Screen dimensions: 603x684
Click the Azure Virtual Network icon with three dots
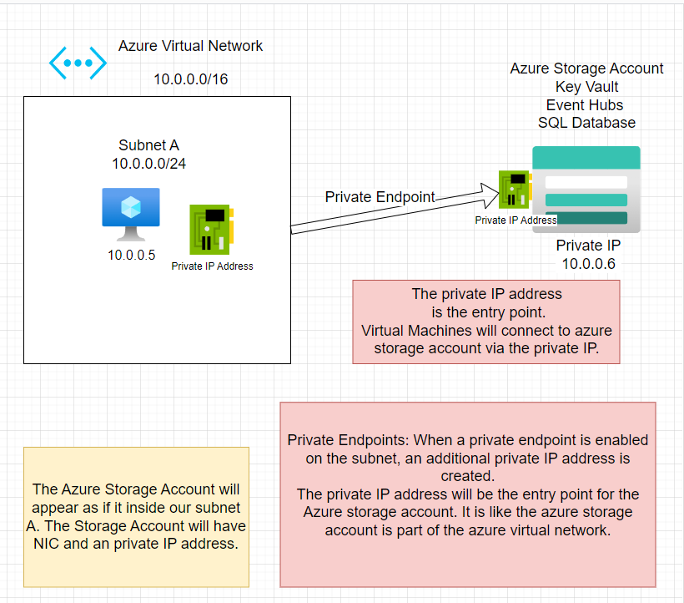click(x=78, y=63)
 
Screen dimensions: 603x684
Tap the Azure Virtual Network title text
click(x=190, y=46)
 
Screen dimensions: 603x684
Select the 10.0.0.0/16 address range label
click(x=190, y=79)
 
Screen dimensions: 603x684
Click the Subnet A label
click(x=148, y=145)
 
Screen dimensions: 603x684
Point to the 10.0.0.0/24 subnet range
click(x=148, y=164)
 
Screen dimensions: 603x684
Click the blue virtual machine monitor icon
click(x=131, y=212)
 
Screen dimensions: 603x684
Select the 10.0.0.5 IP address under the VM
click(x=131, y=256)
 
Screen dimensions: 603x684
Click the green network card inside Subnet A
click(x=212, y=229)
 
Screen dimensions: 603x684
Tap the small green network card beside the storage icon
click(x=514, y=190)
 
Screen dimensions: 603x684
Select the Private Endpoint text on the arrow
click(x=380, y=197)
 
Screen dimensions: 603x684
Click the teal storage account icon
click(x=586, y=190)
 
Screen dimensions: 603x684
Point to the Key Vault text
click(x=586, y=86)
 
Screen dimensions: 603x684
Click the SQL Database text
click(x=586, y=123)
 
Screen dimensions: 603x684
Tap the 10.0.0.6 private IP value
click(x=588, y=264)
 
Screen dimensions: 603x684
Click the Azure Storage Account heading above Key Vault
click(x=586, y=68)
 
